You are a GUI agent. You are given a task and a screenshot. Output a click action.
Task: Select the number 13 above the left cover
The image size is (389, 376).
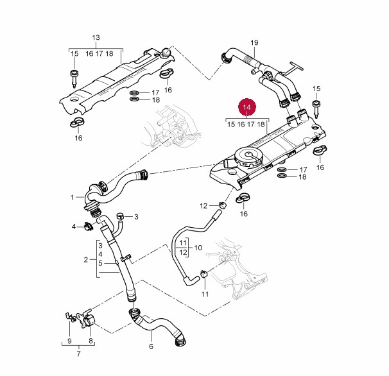pyautogui.click(x=96, y=38)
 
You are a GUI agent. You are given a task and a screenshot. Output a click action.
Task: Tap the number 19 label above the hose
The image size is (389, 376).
pyautogui.click(x=254, y=43)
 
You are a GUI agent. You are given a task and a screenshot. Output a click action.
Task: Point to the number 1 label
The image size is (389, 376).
pyautogui.click(x=73, y=197)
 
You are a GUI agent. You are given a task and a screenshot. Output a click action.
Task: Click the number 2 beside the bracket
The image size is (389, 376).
pyautogui.click(x=85, y=259)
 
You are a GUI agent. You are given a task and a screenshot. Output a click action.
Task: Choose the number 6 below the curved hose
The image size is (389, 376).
pyautogui.click(x=151, y=346)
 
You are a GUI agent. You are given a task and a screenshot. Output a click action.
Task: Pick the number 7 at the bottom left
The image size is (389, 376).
pyautogui.click(x=78, y=354)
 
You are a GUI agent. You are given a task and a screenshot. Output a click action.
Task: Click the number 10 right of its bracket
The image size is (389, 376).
pyautogui.click(x=198, y=247)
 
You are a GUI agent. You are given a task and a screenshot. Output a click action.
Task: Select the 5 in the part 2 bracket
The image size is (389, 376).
pyautogui.click(x=100, y=263)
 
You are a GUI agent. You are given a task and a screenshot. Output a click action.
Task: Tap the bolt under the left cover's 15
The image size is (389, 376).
pyautogui.click(x=73, y=79)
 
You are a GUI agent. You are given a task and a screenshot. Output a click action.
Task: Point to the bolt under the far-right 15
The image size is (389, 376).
pyautogui.click(x=316, y=107)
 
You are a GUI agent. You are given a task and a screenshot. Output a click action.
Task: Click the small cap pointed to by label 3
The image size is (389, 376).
pyautogui.click(x=120, y=216)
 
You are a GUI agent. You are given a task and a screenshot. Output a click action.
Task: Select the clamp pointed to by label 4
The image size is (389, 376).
pyautogui.click(x=89, y=225)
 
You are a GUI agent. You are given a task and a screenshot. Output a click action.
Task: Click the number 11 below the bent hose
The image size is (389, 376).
pyautogui.click(x=205, y=295)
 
